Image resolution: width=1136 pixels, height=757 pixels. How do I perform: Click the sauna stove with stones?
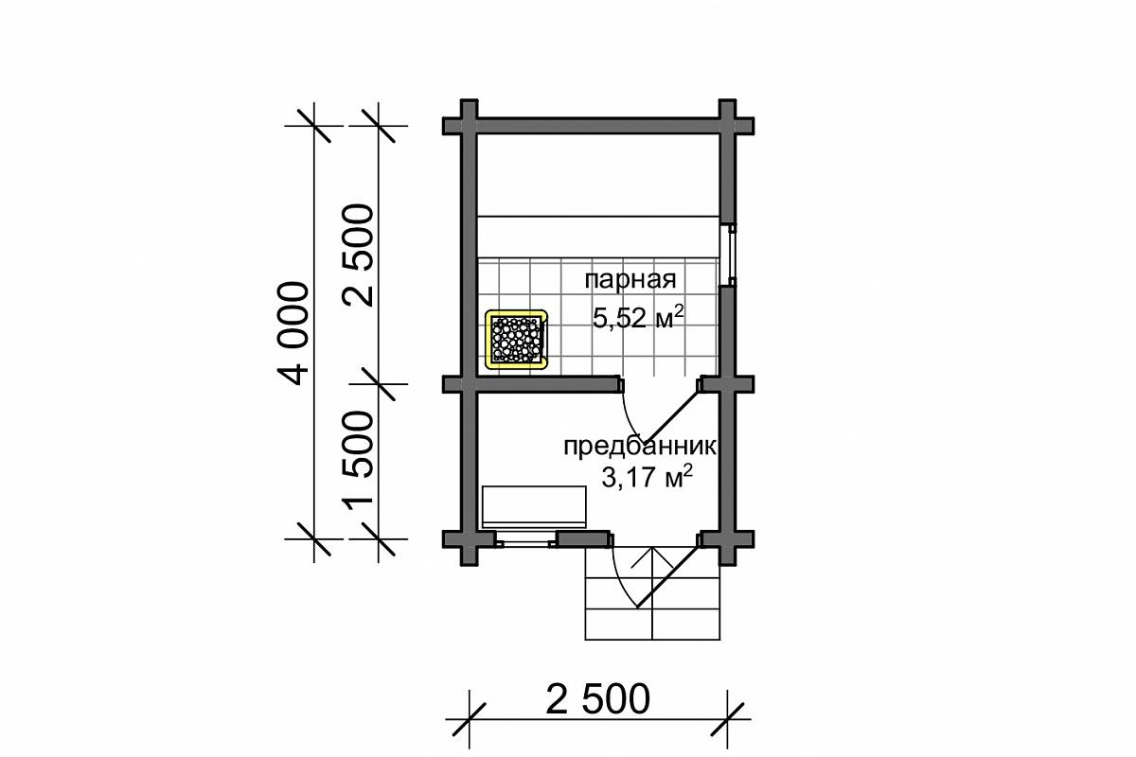pos(516,339)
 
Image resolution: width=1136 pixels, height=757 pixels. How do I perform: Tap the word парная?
pos(630,279)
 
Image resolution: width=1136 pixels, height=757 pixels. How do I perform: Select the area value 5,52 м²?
pos(638,317)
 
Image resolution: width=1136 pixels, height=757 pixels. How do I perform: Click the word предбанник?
pos(640,447)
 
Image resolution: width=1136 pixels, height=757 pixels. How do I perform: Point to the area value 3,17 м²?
pos(647,476)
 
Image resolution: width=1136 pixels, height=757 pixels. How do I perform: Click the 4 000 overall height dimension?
pos(293,333)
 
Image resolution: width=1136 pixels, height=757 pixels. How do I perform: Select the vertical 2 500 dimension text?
pos(358,255)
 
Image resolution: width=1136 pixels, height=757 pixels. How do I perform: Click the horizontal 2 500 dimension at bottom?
pos(598,699)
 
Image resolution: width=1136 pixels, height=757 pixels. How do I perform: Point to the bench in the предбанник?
pos(534,507)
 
